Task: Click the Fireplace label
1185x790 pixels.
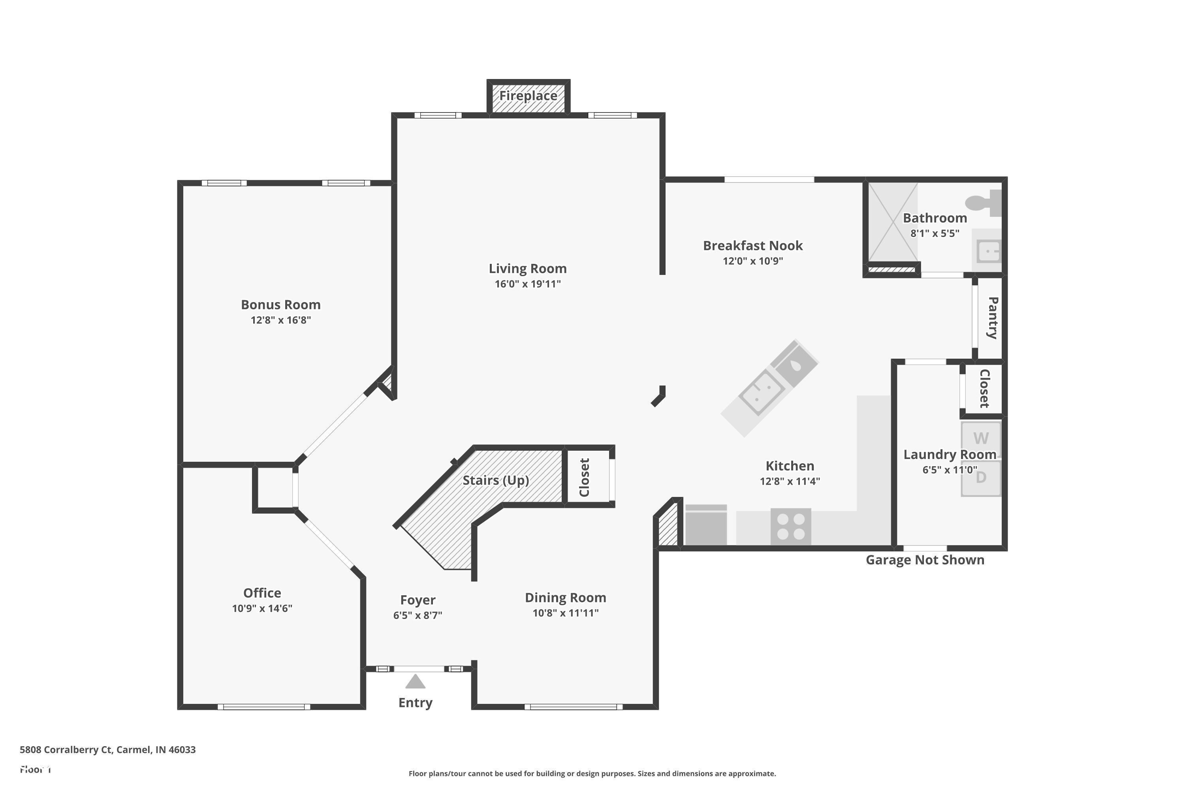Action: (528, 96)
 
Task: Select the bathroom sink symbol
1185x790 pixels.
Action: (988, 251)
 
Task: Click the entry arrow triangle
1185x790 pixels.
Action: (415, 682)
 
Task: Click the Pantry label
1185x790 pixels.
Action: (993, 318)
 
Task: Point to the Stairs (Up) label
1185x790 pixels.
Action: (496, 480)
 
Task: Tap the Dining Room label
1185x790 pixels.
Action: (565, 598)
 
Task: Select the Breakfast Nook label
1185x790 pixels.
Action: (753, 246)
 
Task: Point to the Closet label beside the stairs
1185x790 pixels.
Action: (585, 477)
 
